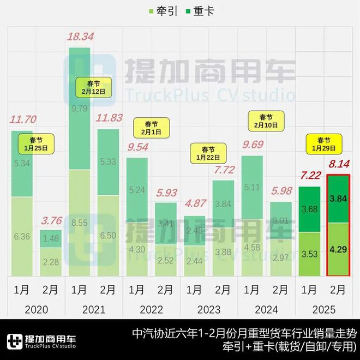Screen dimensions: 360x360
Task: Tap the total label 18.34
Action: click(x=80, y=37)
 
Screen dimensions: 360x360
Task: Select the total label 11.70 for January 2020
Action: click(x=22, y=118)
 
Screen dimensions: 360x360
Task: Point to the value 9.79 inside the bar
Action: click(x=80, y=108)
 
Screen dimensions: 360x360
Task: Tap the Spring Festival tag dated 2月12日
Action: click(x=93, y=87)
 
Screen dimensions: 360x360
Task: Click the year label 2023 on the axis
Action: click(x=209, y=310)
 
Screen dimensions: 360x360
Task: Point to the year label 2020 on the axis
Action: click(x=37, y=310)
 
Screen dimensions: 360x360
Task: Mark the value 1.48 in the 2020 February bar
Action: click(x=51, y=238)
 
